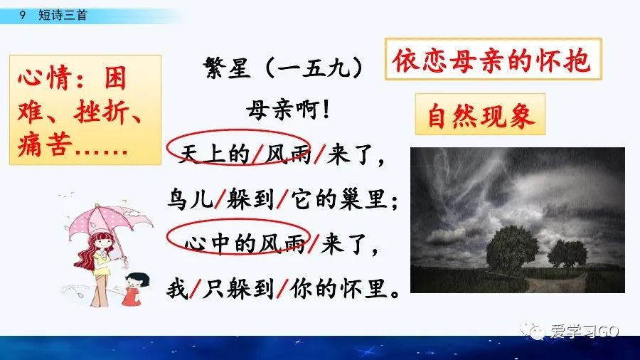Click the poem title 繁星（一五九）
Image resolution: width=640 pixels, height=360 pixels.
pos(283,70)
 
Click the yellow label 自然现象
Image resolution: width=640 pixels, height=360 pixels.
pos(480,115)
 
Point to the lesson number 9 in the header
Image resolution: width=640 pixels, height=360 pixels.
pos(23,15)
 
